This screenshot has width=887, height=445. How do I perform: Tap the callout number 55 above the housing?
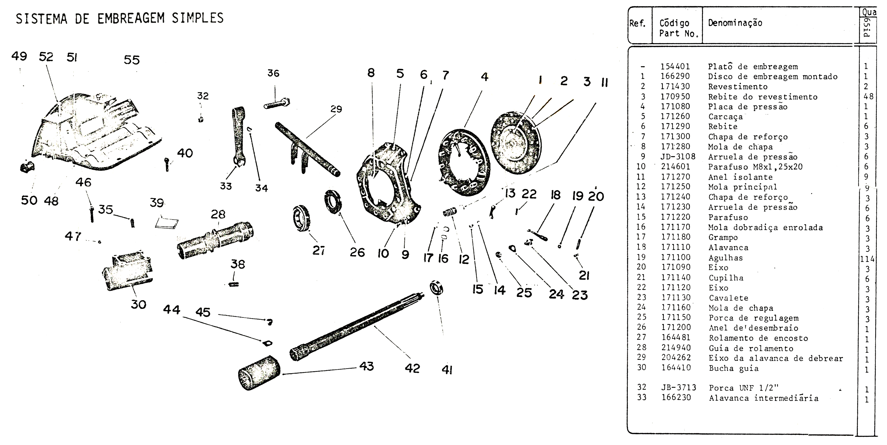coord(131,60)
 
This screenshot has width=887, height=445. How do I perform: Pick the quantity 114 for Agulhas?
coord(867,259)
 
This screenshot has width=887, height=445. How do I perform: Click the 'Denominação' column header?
coord(735,23)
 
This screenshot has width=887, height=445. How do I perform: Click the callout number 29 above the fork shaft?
coord(336,109)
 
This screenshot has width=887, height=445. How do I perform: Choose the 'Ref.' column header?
coord(637,23)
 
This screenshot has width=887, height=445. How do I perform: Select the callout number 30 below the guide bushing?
coord(138,304)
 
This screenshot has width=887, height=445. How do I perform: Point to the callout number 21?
coord(584,275)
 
